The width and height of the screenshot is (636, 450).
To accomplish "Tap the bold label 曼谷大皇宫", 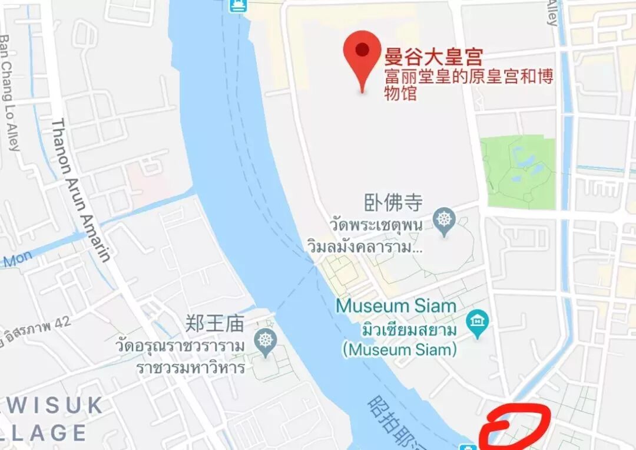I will pos(433,57).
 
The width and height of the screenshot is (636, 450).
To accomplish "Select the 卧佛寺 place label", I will pos(393,203).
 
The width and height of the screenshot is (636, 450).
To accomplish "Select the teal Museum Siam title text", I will pos(396,306).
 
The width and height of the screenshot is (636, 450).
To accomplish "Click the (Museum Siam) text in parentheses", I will pos(400,349).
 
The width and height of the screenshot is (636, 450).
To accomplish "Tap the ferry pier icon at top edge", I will pos(237,5).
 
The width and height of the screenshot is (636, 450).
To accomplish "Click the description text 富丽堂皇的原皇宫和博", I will pos(469,77).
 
